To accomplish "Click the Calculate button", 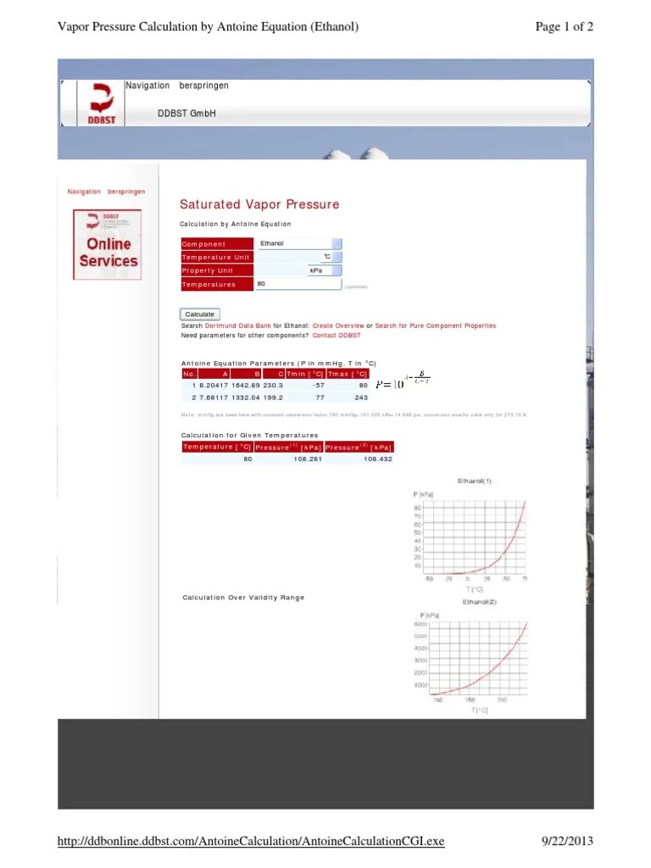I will (x=200, y=314).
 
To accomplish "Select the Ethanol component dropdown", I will (x=298, y=243).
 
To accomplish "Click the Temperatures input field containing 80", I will (x=297, y=284).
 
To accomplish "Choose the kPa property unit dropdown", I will (x=325, y=270).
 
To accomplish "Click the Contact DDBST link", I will (x=331, y=336).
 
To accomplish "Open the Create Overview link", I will (x=338, y=325).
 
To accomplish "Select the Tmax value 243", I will (x=361, y=397).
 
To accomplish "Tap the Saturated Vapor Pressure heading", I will (x=259, y=204).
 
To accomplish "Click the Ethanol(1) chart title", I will (x=475, y=481).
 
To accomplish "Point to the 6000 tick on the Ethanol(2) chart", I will (x=420, y=625).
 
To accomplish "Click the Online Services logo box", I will (x=107, y=244).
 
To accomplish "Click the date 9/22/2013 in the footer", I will (x=567, y=841).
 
